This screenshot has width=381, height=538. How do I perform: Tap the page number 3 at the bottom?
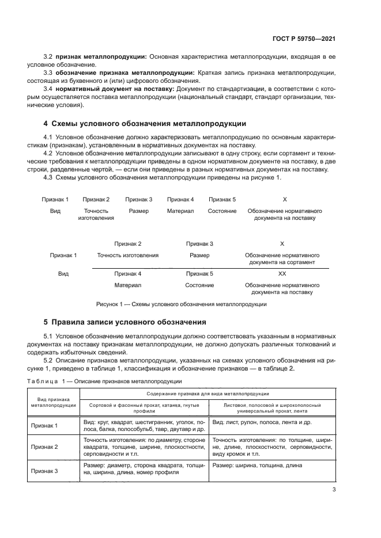[334, 490]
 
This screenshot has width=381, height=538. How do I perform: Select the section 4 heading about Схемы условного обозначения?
[145, 123]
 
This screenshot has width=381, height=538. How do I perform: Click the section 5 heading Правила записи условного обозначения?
[125, 322]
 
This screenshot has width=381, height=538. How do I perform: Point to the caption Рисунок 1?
[180, 304]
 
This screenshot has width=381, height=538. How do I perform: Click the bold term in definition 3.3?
[125, 73]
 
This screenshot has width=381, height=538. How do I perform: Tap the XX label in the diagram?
[282, 274]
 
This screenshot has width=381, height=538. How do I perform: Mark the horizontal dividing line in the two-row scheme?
[210, 268]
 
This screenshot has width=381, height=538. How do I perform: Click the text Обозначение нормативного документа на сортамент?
[282, 258]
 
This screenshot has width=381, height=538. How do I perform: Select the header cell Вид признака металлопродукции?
[54, 402]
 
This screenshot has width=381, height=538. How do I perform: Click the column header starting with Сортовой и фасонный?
[144, 408]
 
